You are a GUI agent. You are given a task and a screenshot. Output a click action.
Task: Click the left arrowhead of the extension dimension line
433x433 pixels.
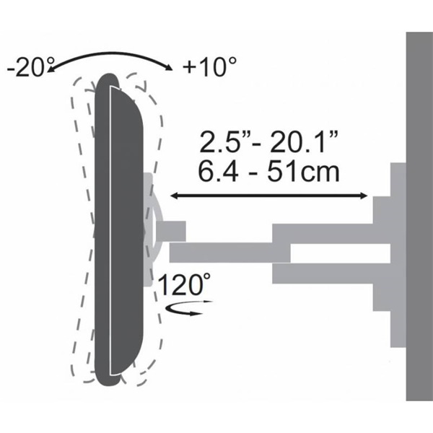click(175, 196)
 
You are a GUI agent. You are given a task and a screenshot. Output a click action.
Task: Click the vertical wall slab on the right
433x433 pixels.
click(419, 216)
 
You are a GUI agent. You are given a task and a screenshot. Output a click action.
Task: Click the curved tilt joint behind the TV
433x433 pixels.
click(156, 231)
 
